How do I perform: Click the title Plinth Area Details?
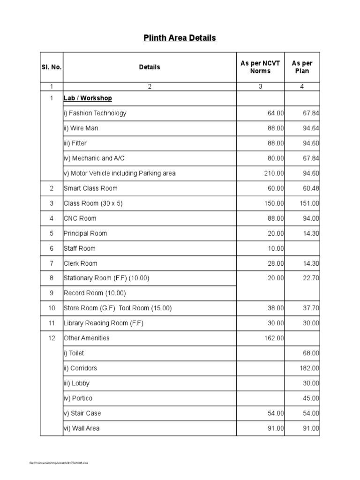tap(180, 38)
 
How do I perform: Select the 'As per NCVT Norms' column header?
tap(260, 67)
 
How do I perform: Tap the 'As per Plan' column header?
tap(302, 67)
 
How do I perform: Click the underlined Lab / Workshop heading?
tap(88, 98)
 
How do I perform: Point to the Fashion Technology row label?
tap(95, 113)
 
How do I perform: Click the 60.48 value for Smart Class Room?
tap(310, 188)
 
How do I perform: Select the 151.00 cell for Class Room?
tap(309, 203)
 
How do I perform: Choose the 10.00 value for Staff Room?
tap(276, 248)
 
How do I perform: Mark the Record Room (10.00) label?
tap(95, 293)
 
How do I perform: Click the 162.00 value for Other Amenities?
tap(274, 338)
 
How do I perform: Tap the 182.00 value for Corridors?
tap(309, 368)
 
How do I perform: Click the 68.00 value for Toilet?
tap(311, 353)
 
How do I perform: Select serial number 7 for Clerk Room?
tap(52, 263)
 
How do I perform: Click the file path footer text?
tap(59, 463)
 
